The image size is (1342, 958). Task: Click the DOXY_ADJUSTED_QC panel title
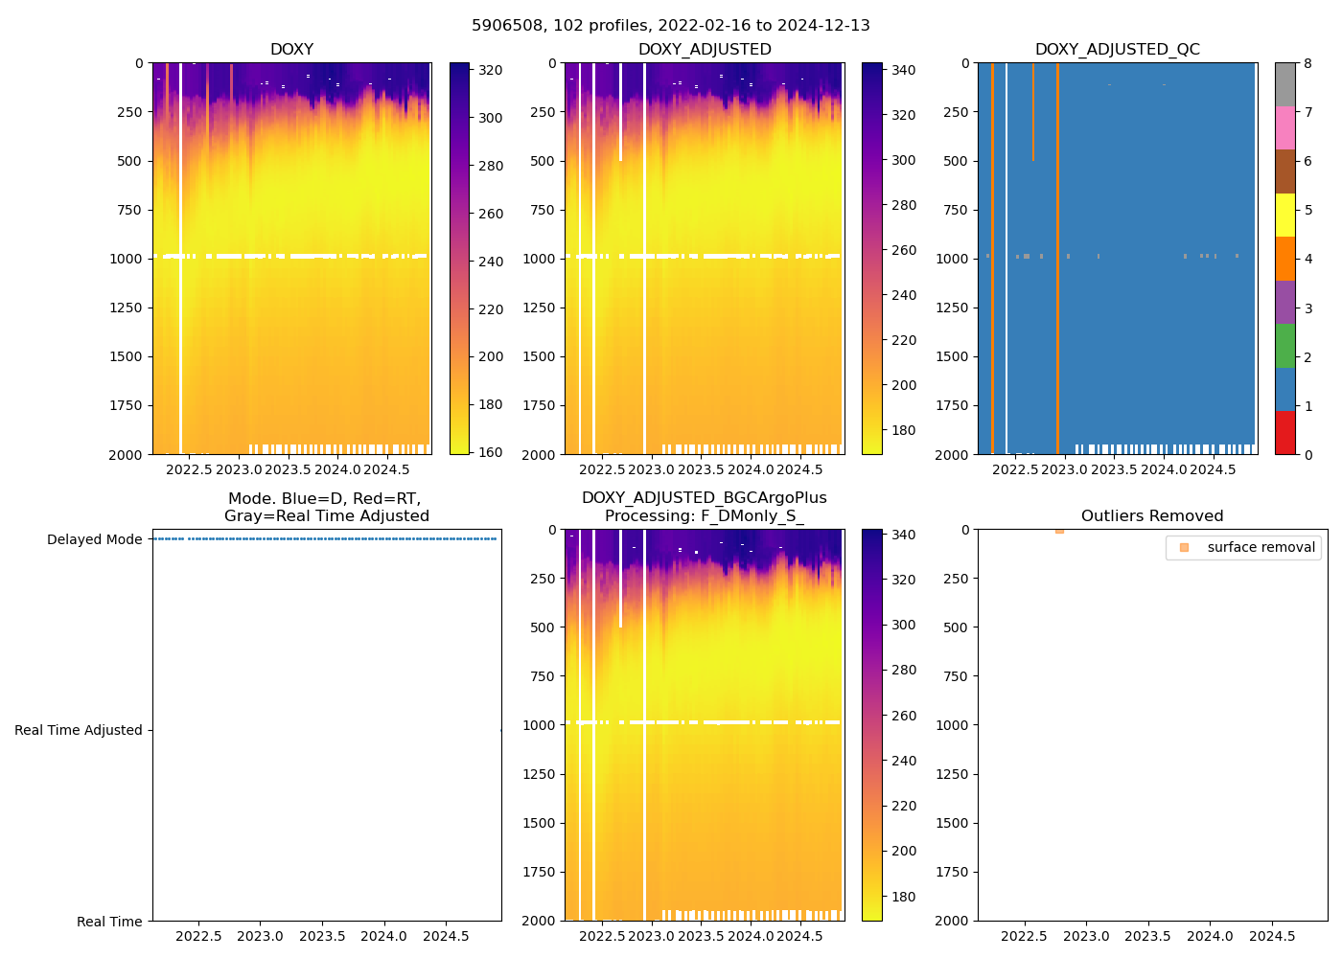[x=1117, y=50]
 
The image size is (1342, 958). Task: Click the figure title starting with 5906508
[x=671, y=26]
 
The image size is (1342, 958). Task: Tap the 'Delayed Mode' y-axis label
[x=94, y=539]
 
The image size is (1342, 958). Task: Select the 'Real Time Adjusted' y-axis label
[x=79, y=730]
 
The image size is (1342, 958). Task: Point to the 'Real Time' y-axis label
[x=109, y=922]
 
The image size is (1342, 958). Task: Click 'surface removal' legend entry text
[x=1261, y=547]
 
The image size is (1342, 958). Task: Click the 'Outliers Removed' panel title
[x=1152, y=516]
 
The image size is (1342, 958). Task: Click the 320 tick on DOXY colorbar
[x=491, y=70]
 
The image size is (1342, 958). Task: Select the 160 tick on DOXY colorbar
[x=491, y=452]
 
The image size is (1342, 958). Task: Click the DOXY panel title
[x=291, y=50]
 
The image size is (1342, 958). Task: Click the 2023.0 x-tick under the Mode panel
[x=260, y=936]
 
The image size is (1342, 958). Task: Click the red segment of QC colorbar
[x=1285, y=432]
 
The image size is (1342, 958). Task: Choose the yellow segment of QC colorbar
[x=1285, y=215]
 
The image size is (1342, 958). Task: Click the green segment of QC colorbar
[x=1285, y=345]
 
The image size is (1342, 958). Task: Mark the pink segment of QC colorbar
[x=1285, y=127]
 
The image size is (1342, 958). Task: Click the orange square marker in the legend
[x=1184, y=547]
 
